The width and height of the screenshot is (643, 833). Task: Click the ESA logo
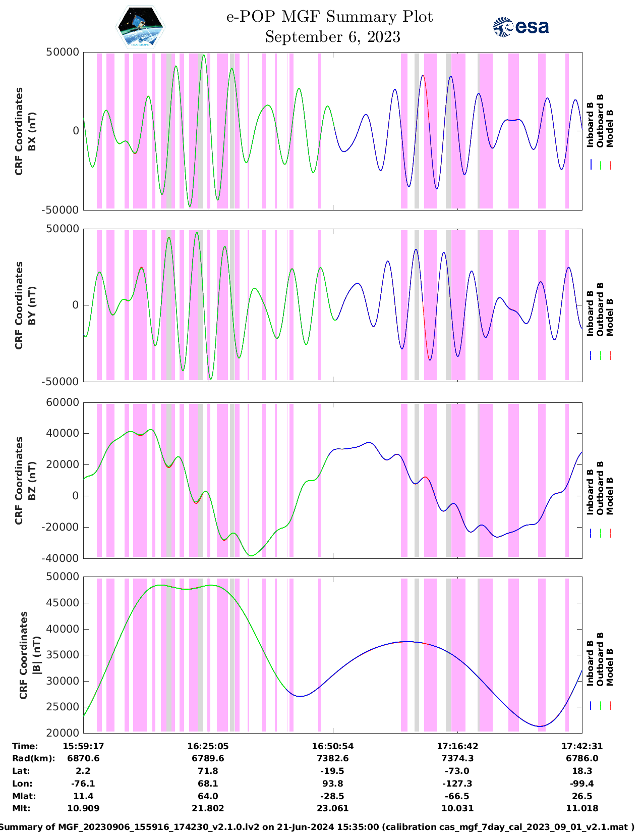(520, 27)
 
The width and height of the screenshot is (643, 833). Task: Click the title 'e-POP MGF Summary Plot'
(329, 17)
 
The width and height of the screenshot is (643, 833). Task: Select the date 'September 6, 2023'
(333, 37)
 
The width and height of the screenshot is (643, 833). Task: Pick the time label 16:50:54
(333, 746)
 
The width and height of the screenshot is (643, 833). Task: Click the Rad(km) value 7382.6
(333, 758)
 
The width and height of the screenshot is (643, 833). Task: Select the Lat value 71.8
(208, 771)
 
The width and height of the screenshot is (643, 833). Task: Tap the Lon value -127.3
(457, 784)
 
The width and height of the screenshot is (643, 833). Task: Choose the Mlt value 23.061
(333, 808)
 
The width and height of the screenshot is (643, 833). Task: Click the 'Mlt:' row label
(21, 808)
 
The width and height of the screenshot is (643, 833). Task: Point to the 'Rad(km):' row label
(34, 758)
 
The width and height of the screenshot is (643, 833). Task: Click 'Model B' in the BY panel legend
(610, 317)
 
